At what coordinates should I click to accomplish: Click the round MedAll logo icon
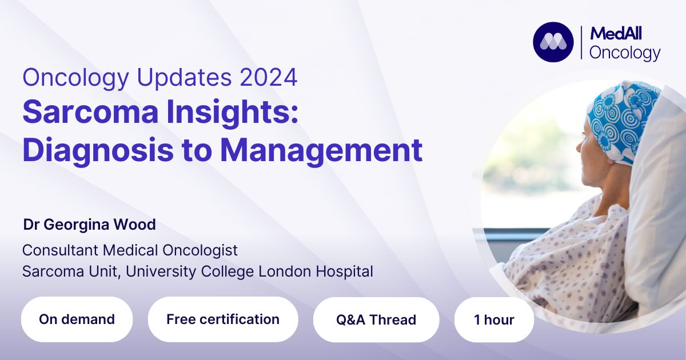click(x=553, y=42)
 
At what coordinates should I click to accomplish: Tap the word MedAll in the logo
click(x=616, y=33)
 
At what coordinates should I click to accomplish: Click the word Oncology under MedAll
click(x=625, y=53)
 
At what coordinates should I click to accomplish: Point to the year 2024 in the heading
click(x=269, y=78)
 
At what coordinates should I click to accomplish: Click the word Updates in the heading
click(x=184, y=78)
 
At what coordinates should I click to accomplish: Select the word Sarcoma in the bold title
click(x=90, y=112)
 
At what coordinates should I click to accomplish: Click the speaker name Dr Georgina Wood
click(x=89, y=225)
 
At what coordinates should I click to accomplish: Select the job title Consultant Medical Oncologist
click(x=130, y=250)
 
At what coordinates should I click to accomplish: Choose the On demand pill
click(x=77, y=319)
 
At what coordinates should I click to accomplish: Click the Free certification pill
click(x=223, y=319)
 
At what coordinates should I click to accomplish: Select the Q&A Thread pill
click(x=376, y=319)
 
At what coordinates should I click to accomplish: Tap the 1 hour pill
click(x=494, y=319)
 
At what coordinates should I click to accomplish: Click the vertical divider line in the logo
click(x=581, y=42)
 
